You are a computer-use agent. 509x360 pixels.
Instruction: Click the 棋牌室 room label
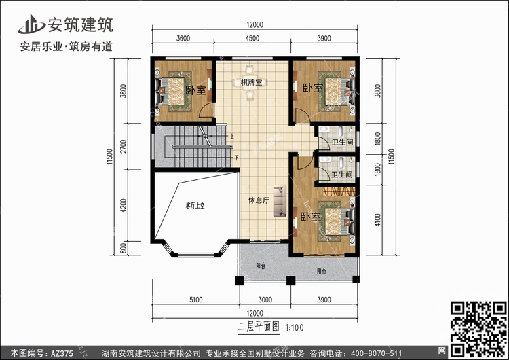[251, 83]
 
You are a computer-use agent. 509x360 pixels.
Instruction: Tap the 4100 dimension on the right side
[379, 219]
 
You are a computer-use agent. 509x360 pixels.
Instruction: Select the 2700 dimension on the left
[123, 148]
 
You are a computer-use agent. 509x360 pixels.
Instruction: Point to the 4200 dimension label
[123, 205]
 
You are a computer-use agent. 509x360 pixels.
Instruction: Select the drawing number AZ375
[60, 353]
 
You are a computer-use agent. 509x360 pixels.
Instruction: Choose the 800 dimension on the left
[123, 249]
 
